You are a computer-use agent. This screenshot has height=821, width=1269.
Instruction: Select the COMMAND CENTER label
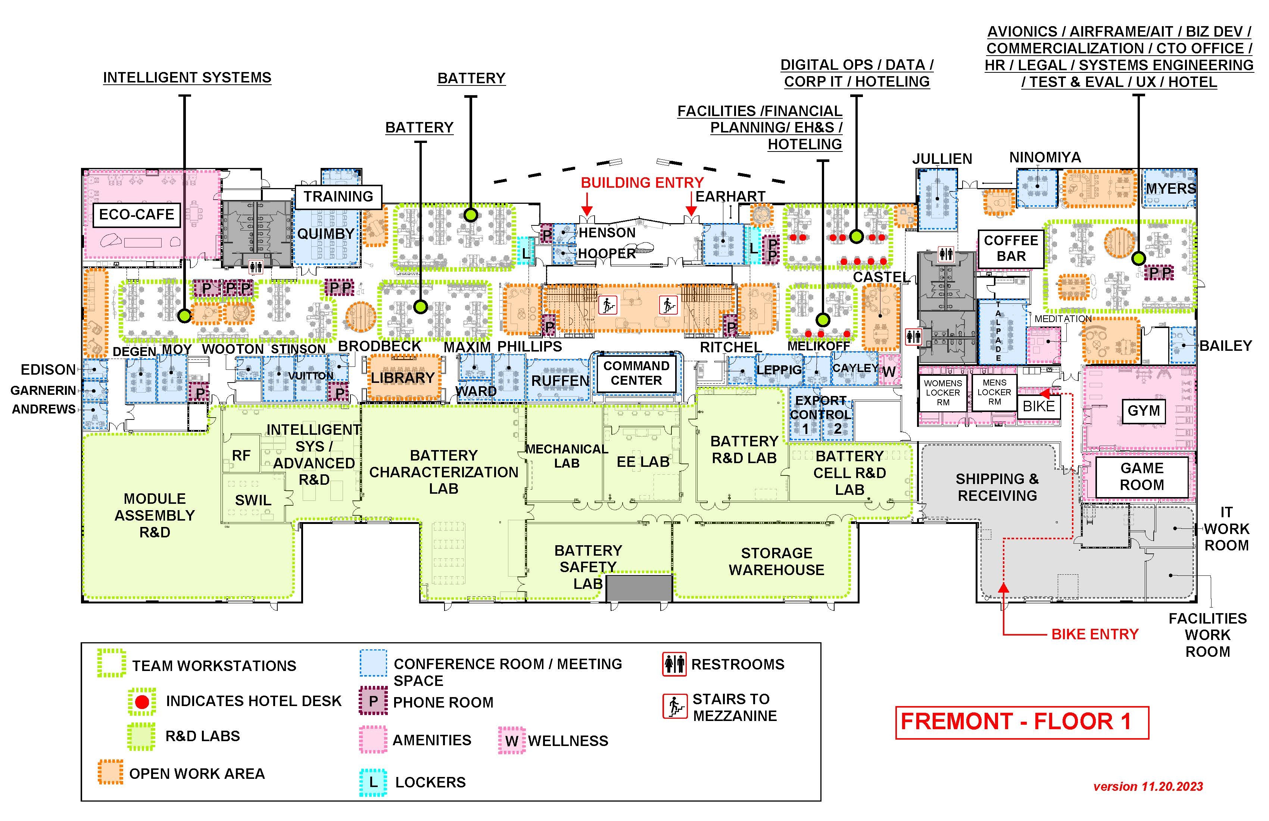(x=636, y=373)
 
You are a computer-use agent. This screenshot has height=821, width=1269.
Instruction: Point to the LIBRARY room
(x=403, y=378)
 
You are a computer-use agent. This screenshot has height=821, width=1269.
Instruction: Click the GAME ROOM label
(x=1142, y=477)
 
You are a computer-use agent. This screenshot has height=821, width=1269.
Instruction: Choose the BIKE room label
(x=1038, y=406)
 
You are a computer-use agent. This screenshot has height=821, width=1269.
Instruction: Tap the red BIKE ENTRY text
(x=1095, y=634)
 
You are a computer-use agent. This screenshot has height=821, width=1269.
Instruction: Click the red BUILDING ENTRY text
(x=642, y=183)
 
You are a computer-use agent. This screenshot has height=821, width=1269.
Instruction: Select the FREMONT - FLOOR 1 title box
(x=1022, y=722)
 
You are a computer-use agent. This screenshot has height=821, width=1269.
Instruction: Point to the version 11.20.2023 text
(x=1148, y=786)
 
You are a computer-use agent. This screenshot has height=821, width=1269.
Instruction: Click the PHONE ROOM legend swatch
(x=373, y=702)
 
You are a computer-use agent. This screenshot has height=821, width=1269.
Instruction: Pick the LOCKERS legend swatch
(x=373, y=782)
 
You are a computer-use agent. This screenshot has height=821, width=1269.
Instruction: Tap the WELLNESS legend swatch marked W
(x=511, y=740)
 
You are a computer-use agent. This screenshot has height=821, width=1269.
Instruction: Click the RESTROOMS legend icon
(x=674, y=664)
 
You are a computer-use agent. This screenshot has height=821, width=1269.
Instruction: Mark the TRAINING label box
(x=339, y=197)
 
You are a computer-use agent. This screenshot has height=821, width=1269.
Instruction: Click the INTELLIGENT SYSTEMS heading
(x=187, y=78)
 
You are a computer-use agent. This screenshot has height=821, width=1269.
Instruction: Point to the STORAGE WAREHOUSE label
(x=776, y=561)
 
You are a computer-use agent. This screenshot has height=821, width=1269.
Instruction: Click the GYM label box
(x=1143, y=411)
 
